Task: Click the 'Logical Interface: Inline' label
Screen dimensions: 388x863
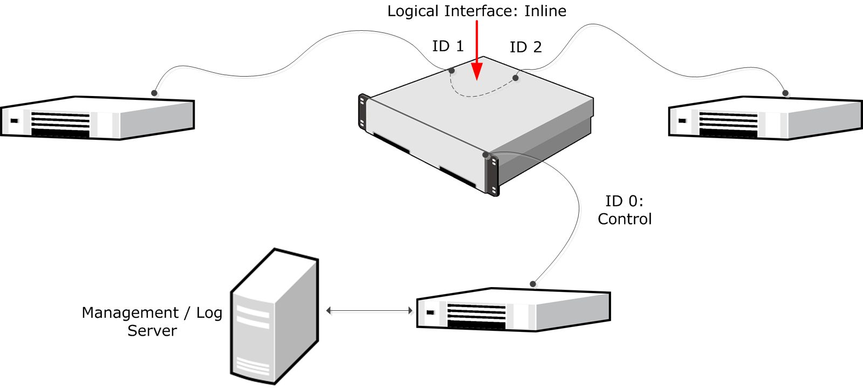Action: [x=477, y=11]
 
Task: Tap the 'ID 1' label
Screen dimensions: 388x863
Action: [x=448, y=46]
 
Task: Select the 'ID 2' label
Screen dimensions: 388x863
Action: [x=525, y=47]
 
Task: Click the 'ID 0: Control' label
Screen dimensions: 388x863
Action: [x=625, y=210]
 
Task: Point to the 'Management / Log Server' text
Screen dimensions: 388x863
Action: [x=152, y=322]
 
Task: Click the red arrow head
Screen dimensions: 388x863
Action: [x=477, y=72]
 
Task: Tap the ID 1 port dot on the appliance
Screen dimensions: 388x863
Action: [x=451, y=71]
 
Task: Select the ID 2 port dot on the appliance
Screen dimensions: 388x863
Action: [x=516, y=78]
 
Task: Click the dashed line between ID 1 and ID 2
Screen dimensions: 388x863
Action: [x=475, y=96]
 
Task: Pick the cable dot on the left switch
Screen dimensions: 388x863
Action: [x=154, y=93]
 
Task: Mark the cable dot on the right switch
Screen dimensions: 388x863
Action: [x=786, y=93]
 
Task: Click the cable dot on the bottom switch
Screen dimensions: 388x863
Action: [x=533, y=284]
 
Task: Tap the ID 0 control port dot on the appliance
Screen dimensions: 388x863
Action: [x=485, y=155]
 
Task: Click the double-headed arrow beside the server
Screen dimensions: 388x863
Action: [x=369, y=311]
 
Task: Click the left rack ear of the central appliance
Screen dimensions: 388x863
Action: [x=362, y=112]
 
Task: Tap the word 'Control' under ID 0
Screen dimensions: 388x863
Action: [x=625, y=219]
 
